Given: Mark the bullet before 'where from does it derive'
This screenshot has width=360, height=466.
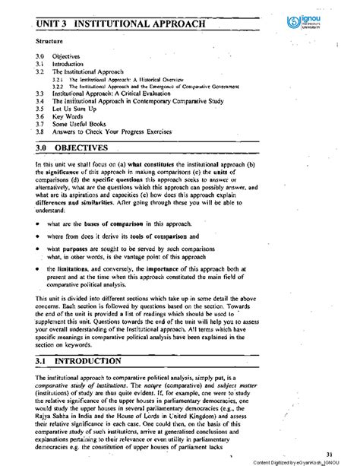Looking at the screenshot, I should coord(38,236).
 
